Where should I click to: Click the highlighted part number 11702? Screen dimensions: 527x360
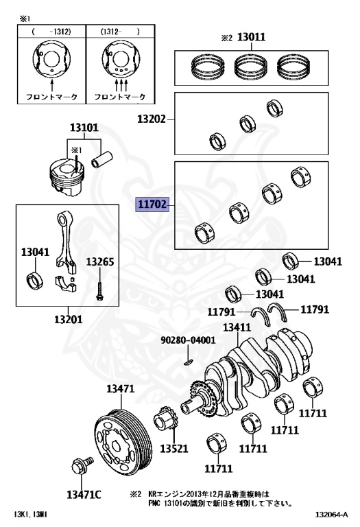151,204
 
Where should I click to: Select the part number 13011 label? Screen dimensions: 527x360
251,38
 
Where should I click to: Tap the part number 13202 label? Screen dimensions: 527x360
151,119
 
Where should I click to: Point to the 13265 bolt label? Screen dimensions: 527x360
99,261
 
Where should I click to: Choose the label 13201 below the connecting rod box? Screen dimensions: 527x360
69,319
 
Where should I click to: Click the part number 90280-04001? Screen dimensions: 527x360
188,340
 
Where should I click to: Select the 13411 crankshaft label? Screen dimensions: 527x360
236,327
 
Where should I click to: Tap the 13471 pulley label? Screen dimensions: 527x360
120,389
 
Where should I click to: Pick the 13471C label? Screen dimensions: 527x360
84,495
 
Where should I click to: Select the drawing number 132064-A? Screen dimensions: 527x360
332,514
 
